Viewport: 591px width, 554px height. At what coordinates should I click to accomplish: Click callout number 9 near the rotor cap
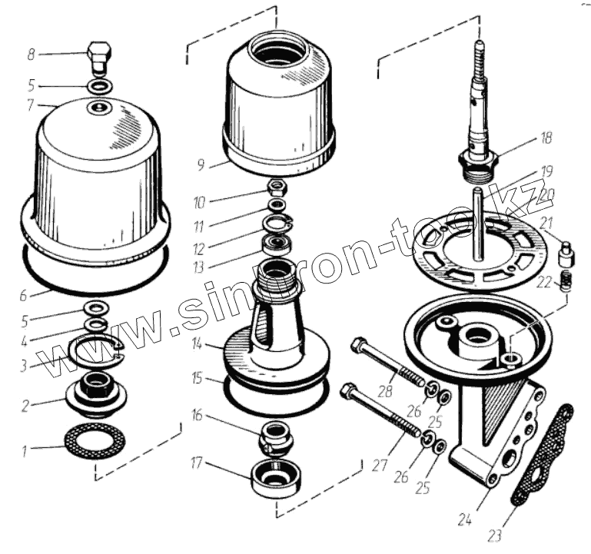[x=202, y=164]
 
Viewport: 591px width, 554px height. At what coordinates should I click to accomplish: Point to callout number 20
[x=546, y=196]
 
